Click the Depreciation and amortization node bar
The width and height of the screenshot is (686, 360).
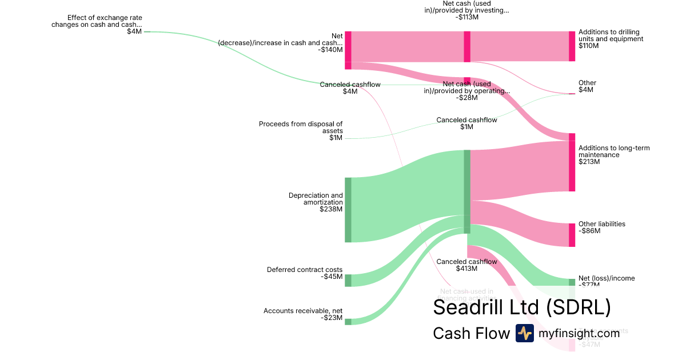[x=348, y=210]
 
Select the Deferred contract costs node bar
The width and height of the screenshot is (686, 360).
[x=348, y=280]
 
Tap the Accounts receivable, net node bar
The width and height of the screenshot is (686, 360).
[x=348, y=322]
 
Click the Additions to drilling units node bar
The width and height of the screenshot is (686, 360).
[x=572, y=46]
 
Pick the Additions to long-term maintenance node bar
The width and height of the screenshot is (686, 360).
[x=572, y=166]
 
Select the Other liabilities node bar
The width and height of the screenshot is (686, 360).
[x=572, y=235]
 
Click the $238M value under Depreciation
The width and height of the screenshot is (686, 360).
[x=331, y=209]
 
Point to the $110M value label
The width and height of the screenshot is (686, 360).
[x=589, y=46]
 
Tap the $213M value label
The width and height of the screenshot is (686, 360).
[x=589, y=162]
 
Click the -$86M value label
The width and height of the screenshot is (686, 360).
[x=589, y=231]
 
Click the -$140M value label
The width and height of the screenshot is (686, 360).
[x=330, y=50]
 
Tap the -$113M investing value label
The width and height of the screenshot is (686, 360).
[x=467, y=17]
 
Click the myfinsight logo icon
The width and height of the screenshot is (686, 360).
[x=524, y=333]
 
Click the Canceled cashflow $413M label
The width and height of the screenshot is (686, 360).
[x=466, y=265]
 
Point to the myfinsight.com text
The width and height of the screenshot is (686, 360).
[x=579, y=333]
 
